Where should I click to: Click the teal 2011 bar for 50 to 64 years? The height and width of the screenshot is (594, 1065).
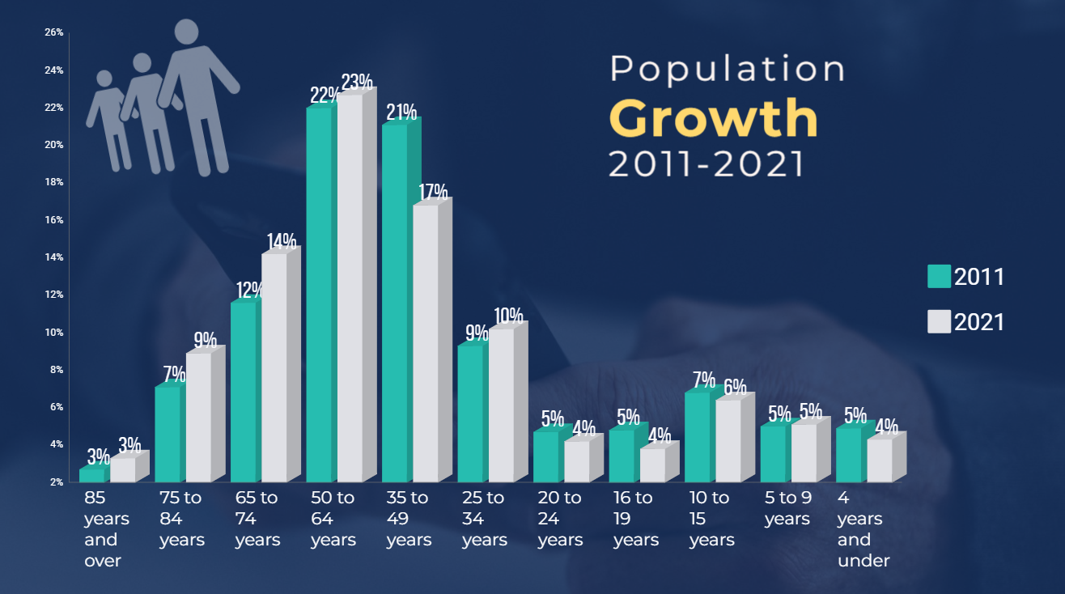click(319, 295)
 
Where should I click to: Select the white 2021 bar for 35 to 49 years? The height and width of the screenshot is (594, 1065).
click(425, 344)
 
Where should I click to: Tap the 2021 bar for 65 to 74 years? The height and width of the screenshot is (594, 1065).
click(274, 368)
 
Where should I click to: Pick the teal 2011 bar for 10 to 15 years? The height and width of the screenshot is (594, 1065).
click(697, 437)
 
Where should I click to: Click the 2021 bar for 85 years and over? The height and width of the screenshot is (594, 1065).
click(122, 470)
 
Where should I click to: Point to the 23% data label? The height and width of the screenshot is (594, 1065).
click(357, 83)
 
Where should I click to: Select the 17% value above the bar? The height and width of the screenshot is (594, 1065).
click(433, 193)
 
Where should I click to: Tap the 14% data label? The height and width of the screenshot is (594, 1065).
click(281, 241)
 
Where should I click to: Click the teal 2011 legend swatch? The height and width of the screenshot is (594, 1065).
click(939, 276)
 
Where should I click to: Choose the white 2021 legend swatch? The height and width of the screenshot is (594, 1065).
click(939, 322)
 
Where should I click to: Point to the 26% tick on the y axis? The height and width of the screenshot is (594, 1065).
click(53, 32)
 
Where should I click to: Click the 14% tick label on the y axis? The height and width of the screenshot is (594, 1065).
click(53, 257)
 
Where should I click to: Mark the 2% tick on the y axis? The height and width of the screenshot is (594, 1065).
click(55, 482)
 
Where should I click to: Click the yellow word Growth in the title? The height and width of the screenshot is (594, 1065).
click(713, 119)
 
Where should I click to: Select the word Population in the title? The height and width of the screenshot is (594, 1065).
click(727, 70)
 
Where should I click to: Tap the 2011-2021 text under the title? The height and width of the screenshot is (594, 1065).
click(706, 164)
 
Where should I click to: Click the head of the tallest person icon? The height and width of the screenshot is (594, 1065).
click(187, 32)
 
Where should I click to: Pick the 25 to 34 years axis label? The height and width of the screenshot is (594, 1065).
click(484, 519)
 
